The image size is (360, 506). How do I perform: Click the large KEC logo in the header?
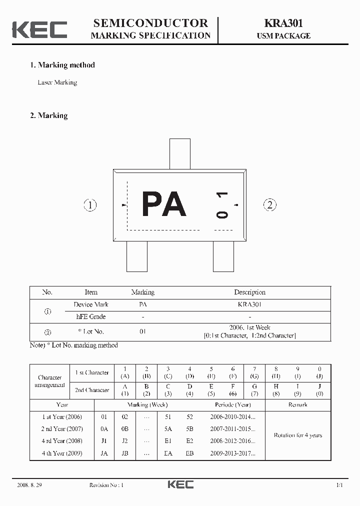point(39,29)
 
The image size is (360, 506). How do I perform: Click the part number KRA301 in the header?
point(283,23)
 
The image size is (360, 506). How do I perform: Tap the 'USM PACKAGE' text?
point(283,36)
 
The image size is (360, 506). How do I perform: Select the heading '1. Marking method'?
point(62,65)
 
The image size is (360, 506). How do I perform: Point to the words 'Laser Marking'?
point(57,82)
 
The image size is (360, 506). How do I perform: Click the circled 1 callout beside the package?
point(90,205)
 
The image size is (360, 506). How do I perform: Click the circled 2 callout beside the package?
point(270,204)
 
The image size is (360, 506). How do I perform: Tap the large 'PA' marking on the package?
point(164,204)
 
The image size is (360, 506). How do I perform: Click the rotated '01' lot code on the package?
point(222,204)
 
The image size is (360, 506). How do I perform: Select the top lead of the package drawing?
point(180,154)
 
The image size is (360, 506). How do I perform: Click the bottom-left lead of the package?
point(137,256)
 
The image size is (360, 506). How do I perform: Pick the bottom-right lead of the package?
point(223,256)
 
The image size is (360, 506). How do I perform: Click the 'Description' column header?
point(249,292)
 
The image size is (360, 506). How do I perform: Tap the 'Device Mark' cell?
point(91,304)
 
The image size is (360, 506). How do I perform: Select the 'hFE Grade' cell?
point(91,316)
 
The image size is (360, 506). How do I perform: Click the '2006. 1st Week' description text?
point(249,327)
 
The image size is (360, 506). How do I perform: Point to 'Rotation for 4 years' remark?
point(298,435)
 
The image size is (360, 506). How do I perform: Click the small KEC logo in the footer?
point(180,484)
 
